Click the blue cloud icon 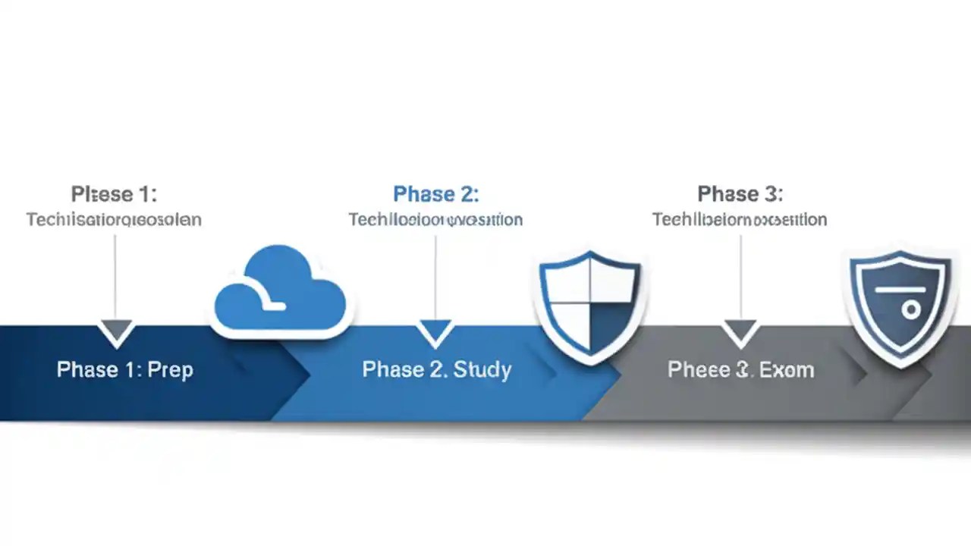[280, 292]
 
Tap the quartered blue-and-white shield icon [589, 303]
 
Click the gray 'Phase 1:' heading [114, 194]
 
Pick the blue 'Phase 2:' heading [435, 194]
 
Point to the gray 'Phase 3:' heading [740, 194]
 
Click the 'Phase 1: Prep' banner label [125, 370]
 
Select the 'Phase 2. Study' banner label [436, 370]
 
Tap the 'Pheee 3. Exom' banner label [740, 370]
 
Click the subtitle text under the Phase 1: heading [114, 220]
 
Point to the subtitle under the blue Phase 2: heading [435, 220]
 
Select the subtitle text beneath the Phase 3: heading [740, 220]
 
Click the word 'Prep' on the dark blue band [171, 370]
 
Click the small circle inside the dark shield [911, 309]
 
